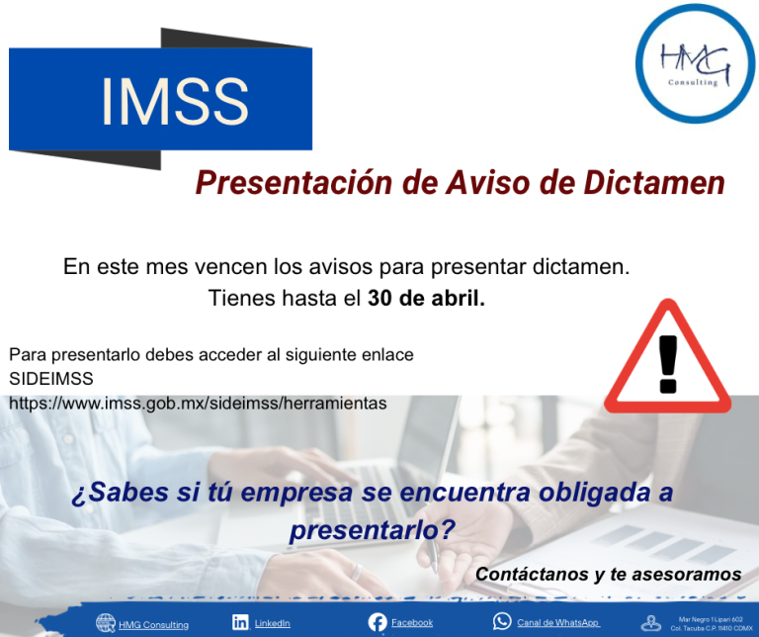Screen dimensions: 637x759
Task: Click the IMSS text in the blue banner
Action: tap(174, 101)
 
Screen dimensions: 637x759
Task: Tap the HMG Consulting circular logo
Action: tap(695, 63)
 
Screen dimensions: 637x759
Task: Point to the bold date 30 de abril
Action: tap(426, 298)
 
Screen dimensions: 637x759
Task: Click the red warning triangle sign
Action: tap(668, 359)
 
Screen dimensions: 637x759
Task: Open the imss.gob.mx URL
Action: tap(198, 404)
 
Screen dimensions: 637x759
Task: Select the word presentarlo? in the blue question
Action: tap(372, 530)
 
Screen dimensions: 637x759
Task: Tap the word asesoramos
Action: tap(692, 575)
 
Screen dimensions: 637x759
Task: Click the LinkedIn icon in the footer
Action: tap(240, 622)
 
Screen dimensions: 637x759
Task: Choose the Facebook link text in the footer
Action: tap(412, 623)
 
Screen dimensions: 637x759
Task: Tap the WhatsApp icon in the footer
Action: tap(502, 622)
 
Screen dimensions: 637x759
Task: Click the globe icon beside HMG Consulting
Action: tap(106, 623)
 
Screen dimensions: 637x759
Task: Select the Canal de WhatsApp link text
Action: tap(558, 623)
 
